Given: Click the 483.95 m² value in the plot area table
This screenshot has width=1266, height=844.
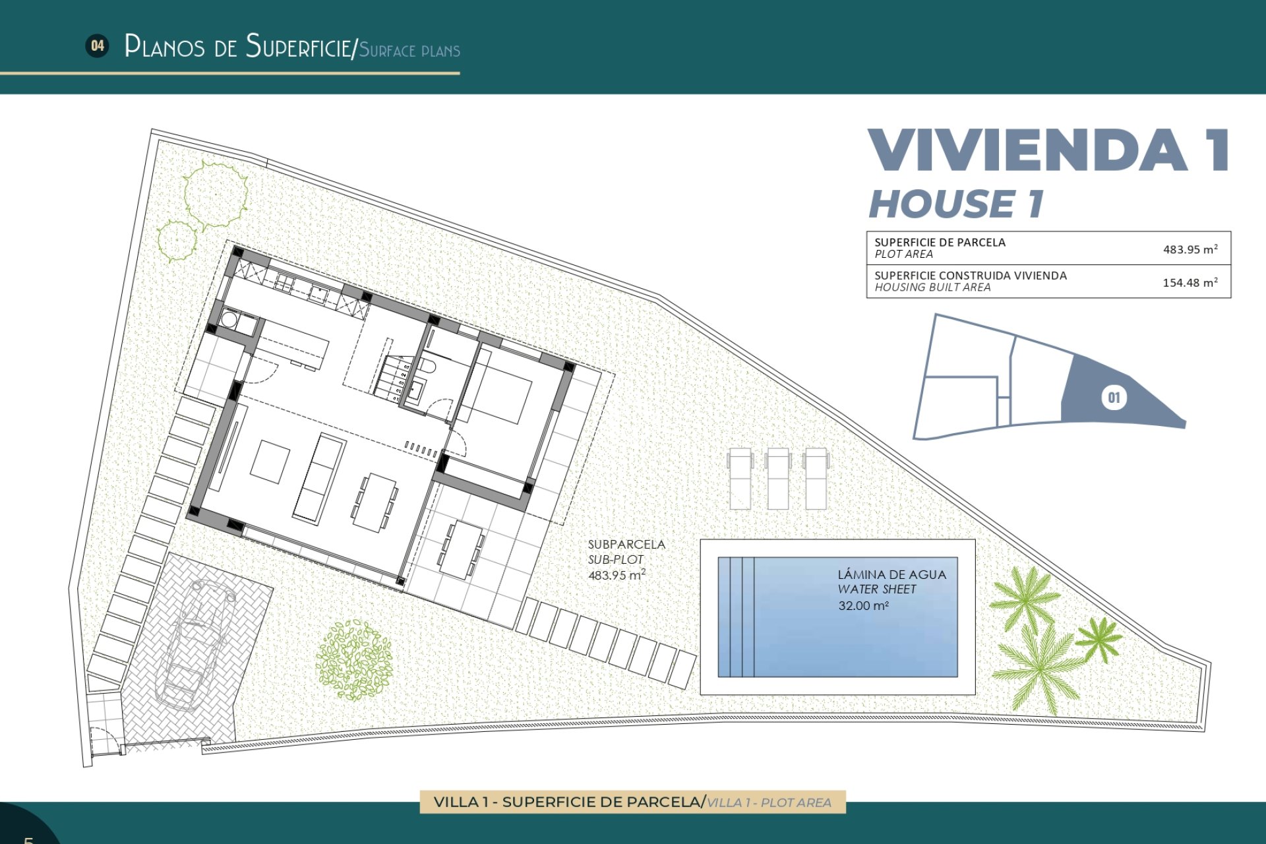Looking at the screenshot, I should [x=1190, y=249].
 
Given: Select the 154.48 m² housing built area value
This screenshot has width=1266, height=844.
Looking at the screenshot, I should [x=1190, y=282].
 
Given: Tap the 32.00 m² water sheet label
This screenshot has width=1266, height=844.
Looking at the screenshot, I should [x=863, y=605].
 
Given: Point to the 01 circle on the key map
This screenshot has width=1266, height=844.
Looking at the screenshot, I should [x=1114, y=398].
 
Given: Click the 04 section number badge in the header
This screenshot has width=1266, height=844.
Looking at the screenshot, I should [x=98, y=45].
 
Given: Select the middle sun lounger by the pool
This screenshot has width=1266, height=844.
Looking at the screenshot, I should [x=778, y=478].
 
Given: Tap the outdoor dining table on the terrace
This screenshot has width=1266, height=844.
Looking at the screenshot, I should [x=462, y=550].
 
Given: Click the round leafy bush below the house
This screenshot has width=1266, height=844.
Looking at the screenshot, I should [x=354, y=659].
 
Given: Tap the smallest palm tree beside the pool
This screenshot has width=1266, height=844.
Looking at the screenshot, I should [x=1098, y=638].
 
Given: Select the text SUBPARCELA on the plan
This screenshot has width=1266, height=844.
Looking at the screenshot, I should [x=626, y=545].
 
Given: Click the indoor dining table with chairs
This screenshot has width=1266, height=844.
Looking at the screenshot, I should [x=374, y=502].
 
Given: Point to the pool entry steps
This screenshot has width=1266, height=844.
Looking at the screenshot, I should [x=737, y=617].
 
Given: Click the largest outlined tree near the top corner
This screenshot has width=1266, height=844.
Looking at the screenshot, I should [x=216, y=194].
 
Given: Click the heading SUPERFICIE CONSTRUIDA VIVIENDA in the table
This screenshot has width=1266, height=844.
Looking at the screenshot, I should [x=970, y=276].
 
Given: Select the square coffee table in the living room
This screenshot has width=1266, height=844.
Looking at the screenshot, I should [x=270, y=462].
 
